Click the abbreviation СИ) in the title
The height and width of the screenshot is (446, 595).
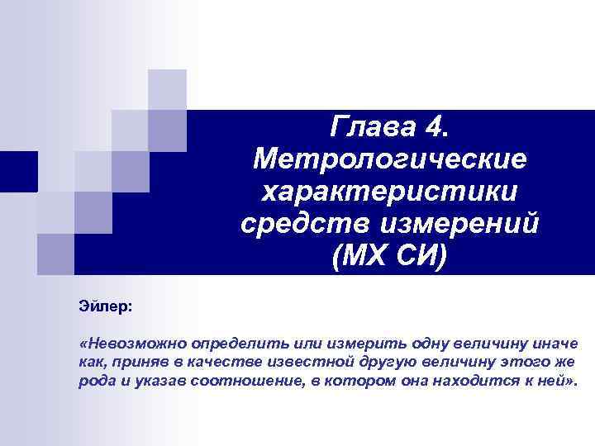tap(422, 256)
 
